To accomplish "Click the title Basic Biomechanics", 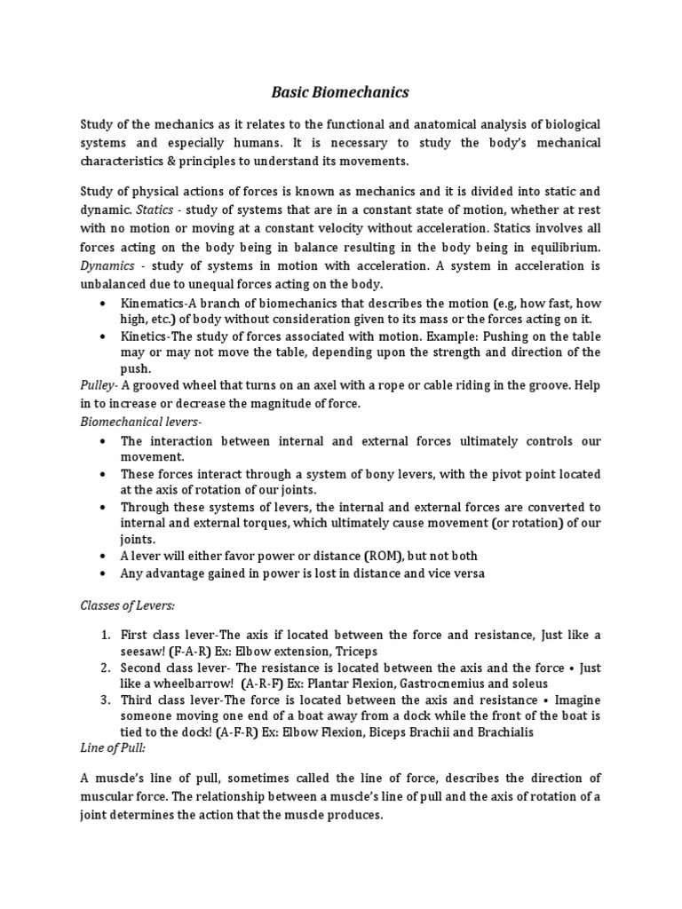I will tap(340, 91).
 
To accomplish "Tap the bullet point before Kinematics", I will tap(106, 303).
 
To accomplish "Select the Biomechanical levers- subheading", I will tap(141, 421).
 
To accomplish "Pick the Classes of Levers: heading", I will tap(128, 605).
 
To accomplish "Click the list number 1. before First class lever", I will tap(105, 635).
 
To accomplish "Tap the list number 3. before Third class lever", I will tap(105, 700).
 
